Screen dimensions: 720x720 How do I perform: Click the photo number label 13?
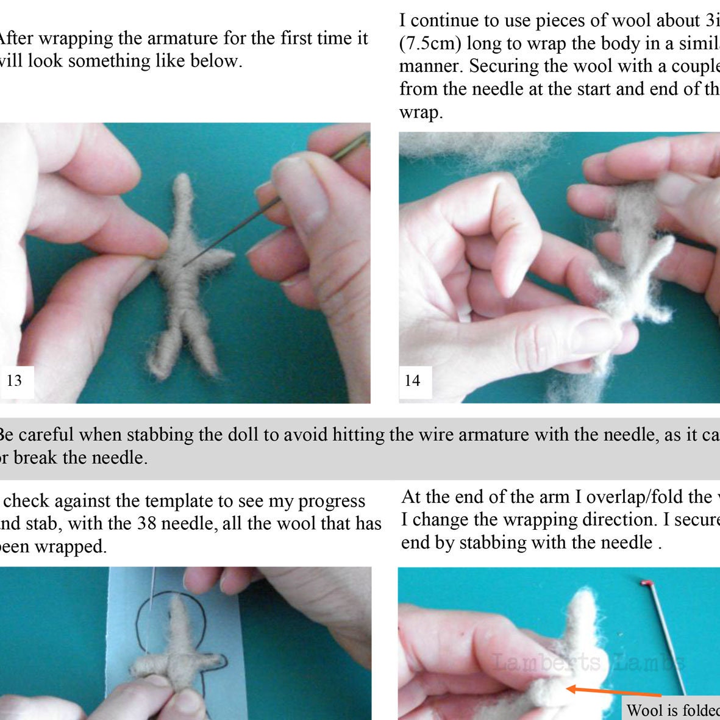pyautogui.click(x=14, y=381)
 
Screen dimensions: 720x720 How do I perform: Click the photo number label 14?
pyautogui.click(x=413, y=381)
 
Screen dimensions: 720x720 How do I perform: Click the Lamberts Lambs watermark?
pyautogui.click(x=588, y=662)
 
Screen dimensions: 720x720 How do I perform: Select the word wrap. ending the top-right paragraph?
pyautogui.click(x=421, y=112)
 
